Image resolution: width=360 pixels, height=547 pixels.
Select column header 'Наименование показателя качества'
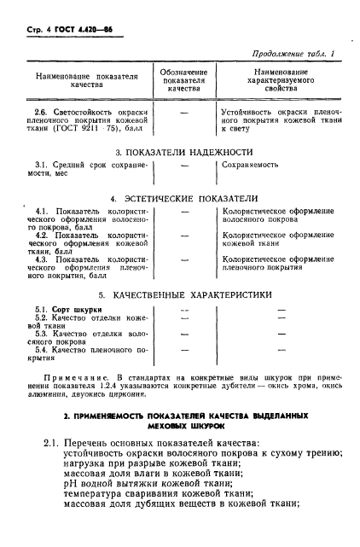pyautogui.click(x=86, y=82)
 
